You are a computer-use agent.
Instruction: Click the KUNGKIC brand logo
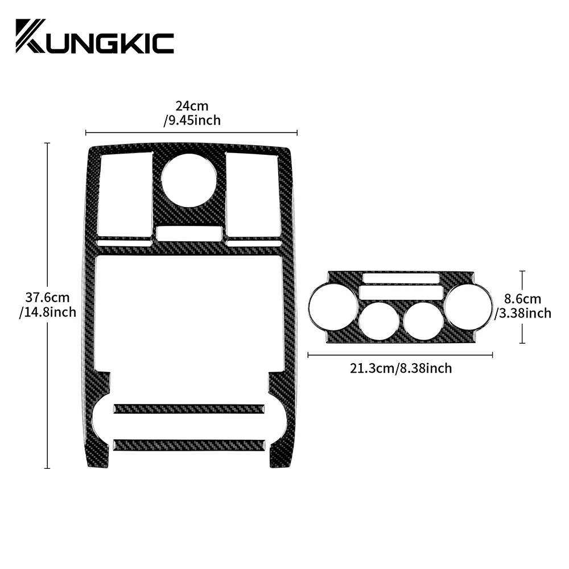(94, 36)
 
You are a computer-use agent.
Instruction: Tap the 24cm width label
(192, 106)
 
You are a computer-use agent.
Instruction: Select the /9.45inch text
(192, 120)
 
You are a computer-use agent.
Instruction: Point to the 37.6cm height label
(47, 298)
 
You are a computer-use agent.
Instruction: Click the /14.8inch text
(48, 312)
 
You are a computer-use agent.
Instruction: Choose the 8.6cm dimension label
(522, 299)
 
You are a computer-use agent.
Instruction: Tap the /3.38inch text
(523, 313)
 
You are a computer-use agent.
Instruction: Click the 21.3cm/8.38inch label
(401, 368)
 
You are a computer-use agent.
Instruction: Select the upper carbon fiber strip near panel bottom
(189, 408)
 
